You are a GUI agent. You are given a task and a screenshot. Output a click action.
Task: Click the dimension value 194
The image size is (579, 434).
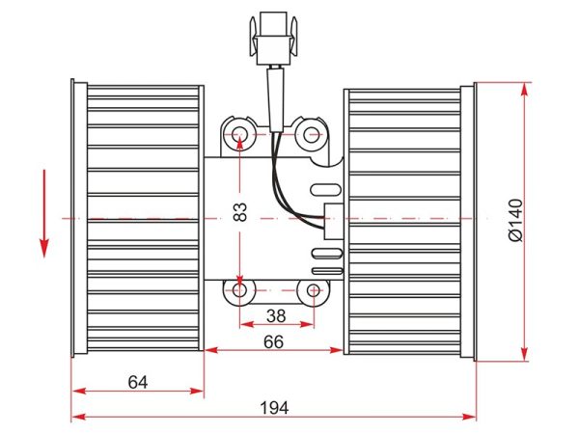274,408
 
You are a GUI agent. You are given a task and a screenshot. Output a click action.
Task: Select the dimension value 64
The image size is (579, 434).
138,382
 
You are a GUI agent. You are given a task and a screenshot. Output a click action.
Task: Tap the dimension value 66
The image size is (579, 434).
274,342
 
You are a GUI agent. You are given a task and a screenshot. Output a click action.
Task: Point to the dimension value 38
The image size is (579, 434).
276,316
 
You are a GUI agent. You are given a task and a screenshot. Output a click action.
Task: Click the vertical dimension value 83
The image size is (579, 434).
240,212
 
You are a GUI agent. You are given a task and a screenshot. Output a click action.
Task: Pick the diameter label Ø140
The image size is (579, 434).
516,220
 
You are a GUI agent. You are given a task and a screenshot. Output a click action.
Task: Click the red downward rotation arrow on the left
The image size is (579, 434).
44,213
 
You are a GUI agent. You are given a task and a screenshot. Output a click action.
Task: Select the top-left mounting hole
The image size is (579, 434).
239,134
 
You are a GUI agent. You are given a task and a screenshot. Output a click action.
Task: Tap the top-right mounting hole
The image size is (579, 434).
311,135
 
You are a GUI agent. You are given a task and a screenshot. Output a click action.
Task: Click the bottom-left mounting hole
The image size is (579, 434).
240,290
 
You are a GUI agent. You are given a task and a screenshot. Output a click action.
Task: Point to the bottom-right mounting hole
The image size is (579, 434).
313,291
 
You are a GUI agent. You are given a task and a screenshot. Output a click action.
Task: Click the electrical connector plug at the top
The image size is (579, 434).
273,39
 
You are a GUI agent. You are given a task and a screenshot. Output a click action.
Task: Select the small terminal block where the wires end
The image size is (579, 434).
334,221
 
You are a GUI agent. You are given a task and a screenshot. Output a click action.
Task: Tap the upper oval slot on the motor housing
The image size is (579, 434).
326,190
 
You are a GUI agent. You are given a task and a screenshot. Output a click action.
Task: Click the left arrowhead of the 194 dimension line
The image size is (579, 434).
78,418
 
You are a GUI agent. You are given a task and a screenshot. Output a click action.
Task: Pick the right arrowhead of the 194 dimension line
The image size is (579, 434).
469,418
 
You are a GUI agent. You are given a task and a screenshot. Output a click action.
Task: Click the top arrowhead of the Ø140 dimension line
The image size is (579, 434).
524,90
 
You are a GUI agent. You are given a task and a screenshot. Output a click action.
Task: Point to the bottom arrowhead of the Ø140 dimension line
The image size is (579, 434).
524,354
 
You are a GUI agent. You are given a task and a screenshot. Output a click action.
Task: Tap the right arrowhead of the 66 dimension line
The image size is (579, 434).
337,350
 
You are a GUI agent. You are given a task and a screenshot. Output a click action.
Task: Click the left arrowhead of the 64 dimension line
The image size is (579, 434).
79,391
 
